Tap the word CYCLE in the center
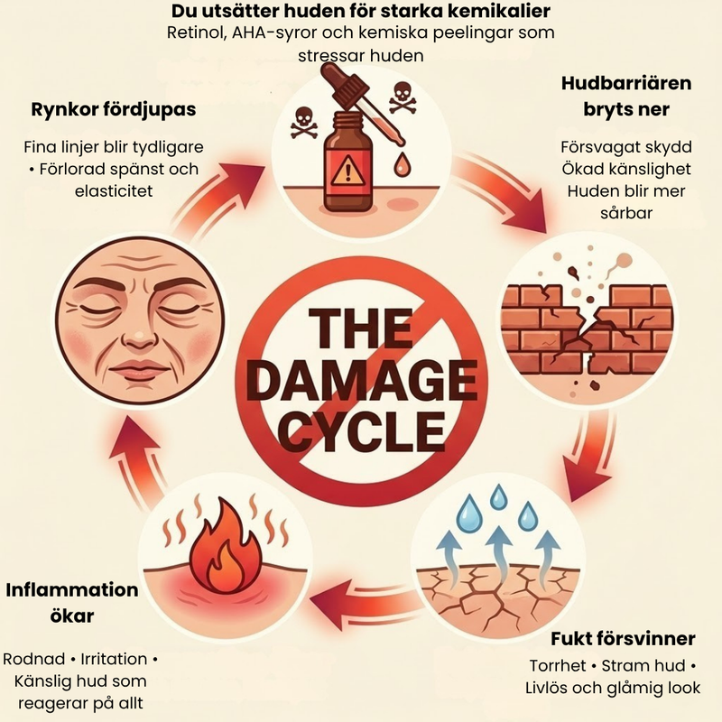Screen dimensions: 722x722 (x=364, y=431)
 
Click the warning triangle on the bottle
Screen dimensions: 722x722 (x=347, y=171)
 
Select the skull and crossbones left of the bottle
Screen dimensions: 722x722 (x=304, y=124)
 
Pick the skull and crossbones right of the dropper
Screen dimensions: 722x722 (x=403, y=97)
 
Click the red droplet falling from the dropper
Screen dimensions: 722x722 (x=402, y=164)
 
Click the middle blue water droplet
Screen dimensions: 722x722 (x=498, y=496)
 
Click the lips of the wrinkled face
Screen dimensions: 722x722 (x=140, y=368)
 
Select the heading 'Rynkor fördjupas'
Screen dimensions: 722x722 (x=114, y=109)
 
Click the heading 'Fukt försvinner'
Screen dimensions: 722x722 (x=623, y=639)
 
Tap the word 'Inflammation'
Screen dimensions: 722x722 (x=72, y=590)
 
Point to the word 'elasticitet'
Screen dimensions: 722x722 (x=114, y=191)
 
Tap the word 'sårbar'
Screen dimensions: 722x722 (x=626, y=213)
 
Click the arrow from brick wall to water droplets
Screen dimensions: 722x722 (x=589, y=456)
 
